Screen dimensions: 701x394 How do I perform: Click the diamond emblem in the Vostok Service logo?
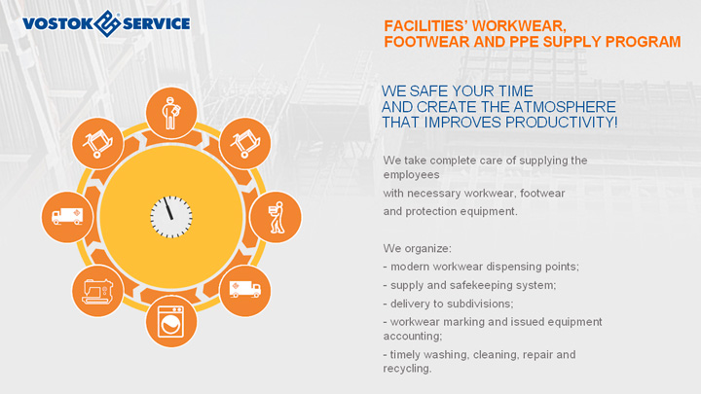(106, 23)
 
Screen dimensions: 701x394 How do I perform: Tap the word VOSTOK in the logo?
(57, 23)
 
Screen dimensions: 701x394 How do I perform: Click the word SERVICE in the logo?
(156, 23)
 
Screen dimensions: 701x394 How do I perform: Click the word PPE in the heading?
(525, 42)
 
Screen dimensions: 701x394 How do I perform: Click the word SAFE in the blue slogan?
(428, 91)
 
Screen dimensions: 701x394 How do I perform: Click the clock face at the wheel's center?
(170, 217)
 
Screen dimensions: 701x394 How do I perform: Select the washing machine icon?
(170, 321)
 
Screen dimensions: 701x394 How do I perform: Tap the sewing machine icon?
(97, 291)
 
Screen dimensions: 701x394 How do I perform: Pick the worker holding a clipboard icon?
(170, 113)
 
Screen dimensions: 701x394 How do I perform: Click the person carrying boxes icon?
(276, 217)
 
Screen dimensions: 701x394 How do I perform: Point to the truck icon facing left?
(67, 216)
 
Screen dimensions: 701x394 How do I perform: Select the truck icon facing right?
(245, 289)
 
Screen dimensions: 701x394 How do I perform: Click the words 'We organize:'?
(417, 248)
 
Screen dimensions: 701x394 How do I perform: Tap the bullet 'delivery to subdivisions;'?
(448, 304)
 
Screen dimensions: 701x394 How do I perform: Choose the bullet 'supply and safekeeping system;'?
(469, 285)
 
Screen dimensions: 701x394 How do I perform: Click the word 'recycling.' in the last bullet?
(407, 369)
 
